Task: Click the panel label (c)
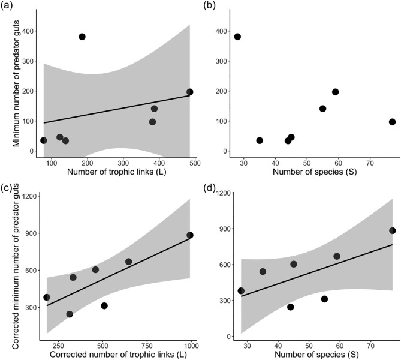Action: pos(8,191)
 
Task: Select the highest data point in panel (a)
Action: pos(82,37)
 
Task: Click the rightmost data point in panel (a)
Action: pos(189,92)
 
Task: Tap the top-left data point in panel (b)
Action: pos(237,37)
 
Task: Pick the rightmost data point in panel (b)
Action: pos(392,122)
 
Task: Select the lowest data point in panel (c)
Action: pos(70,314)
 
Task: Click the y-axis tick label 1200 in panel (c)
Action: pos(30,196)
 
